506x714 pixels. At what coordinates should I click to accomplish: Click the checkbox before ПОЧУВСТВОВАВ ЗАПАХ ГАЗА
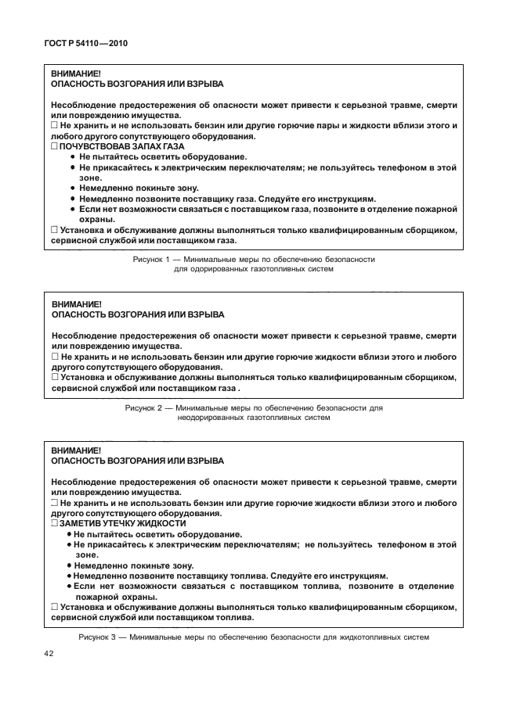coord(55,146)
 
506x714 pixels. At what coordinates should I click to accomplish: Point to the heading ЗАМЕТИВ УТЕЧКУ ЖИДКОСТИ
coord(123,523)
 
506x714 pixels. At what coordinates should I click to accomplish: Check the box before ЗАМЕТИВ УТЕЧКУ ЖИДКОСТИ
coord(55,523)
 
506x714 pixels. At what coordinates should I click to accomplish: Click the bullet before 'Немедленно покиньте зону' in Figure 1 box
coord(72,188)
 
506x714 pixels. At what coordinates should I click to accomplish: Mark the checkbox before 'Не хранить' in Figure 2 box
coord(55,356)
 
